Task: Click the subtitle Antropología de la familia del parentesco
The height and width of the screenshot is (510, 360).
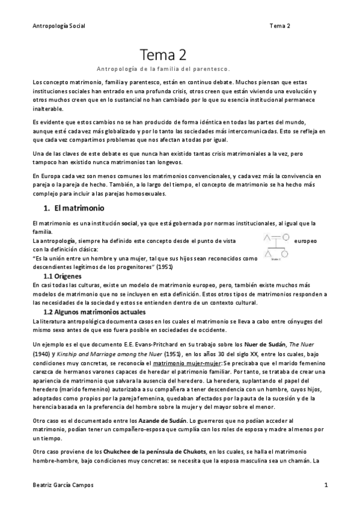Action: click(163, 68)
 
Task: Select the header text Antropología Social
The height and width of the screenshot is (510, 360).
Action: click(58, 26)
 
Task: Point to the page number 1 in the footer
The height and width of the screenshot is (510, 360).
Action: click(325, 485)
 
